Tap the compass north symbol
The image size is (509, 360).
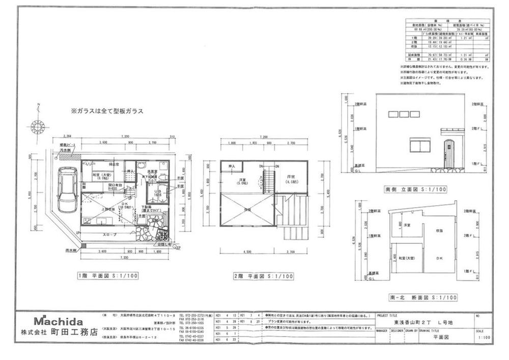[37, 125]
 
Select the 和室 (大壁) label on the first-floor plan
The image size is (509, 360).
[101, 176]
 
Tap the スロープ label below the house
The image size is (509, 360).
[111, 235]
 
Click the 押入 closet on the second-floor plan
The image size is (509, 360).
[232, 167]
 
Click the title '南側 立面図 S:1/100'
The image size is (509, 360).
[415, 189]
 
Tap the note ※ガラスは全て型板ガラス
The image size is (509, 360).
[107, 110]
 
